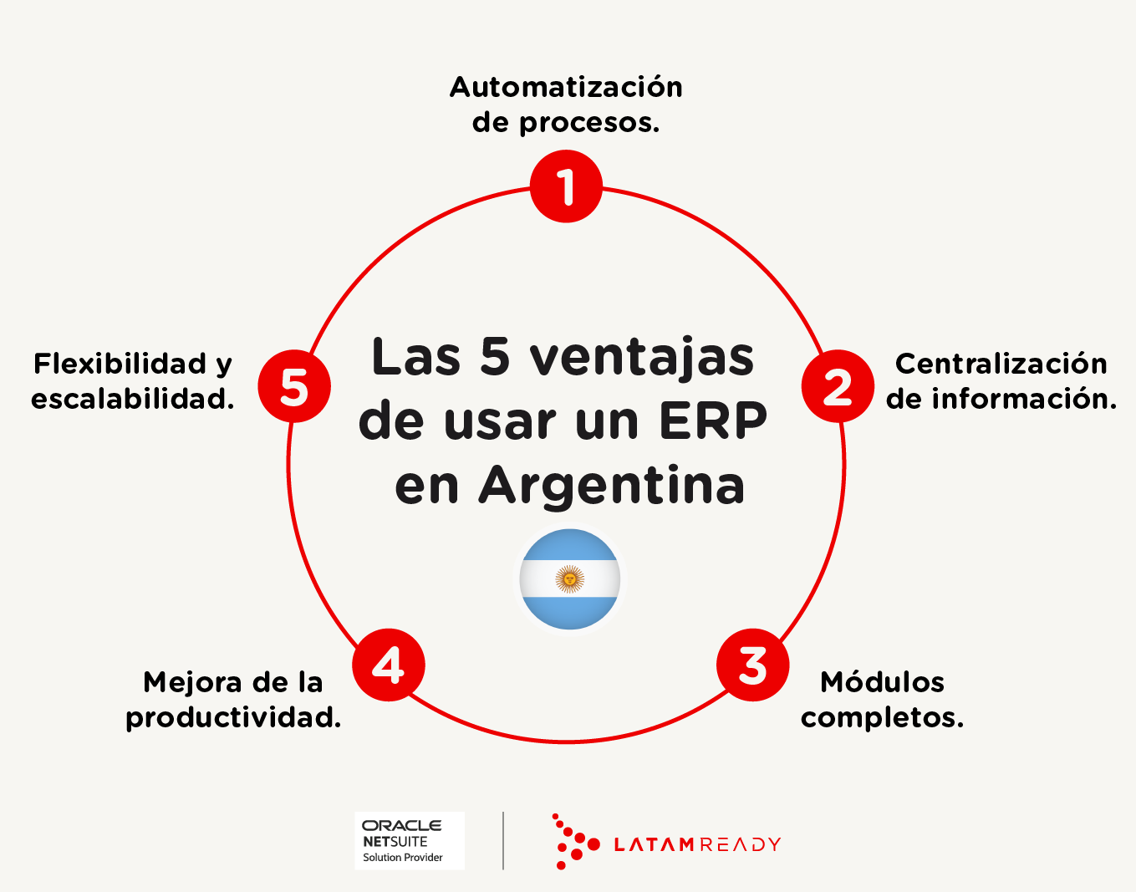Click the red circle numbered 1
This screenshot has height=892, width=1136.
pos(566,186)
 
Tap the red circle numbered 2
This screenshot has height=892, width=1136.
pos(838,386)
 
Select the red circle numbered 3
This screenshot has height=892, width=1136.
pos(753,665)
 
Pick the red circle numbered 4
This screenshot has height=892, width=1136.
pos(389,665)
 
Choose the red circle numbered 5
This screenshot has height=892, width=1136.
pos(294,386)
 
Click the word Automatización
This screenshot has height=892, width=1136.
pos(566,87)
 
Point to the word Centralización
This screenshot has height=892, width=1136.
pos(1001,364)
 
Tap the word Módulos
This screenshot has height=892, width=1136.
pos(883,682)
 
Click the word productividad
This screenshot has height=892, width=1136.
pos(233,718)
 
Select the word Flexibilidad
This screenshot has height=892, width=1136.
pos(120,364)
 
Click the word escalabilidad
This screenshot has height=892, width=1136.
pos(132,399)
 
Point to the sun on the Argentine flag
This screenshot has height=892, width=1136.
pos(570,579)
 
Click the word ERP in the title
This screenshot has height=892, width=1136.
pos(713,421)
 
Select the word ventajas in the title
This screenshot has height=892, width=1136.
pos(641,358)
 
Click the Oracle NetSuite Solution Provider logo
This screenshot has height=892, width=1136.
pos(410,841)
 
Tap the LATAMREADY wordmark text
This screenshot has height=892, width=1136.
pos(697,844)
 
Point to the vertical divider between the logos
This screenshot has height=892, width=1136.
pos(503,841)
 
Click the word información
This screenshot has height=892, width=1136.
pos(1024,399)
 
